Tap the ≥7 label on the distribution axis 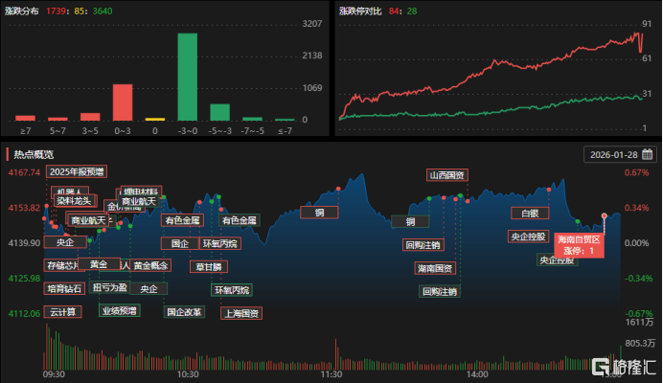pyautogui.click(x=25, y=129)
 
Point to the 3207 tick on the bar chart pyautogui.click(x=311, y=23)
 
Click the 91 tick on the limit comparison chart pyautogui.click(x=648, y=23)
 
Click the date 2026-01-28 pyautogui.click(x=614, y=154)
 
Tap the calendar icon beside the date pyautogui.click(x=648, y=154)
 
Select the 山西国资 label pyautogui.click(x=446, y=175)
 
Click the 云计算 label pyautogui.click(x=63, y=312)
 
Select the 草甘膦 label pyautogui.click(x=208, y=266)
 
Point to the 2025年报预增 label pyautogui.click(x=77, y=172)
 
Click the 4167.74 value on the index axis pyautogui.click(x=23, y=172)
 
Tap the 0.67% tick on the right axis pyautogui.click(x=636, y=172)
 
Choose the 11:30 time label pyautogui.click(x=331, y=374)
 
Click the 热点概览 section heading pyautogui.click(x=34, y=154)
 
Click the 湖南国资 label pyautogui.click(x=435, y=267)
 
